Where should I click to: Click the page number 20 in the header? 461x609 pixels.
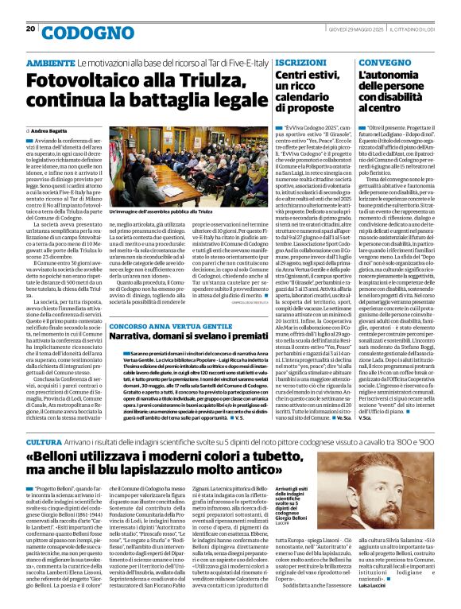tap(31, 29)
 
